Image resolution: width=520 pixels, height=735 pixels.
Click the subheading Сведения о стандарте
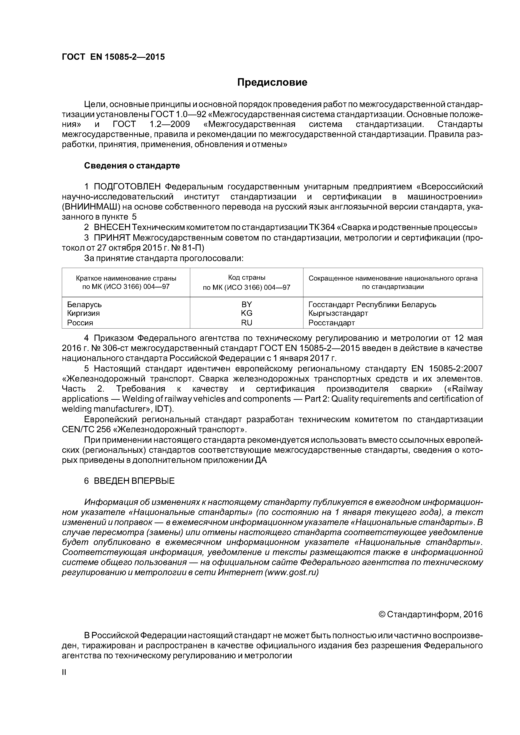(132, 166)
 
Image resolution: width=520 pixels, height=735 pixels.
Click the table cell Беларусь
(84, 304)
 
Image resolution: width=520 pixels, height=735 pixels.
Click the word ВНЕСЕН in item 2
(112, 227)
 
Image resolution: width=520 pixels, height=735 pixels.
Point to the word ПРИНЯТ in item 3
(112, 238)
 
